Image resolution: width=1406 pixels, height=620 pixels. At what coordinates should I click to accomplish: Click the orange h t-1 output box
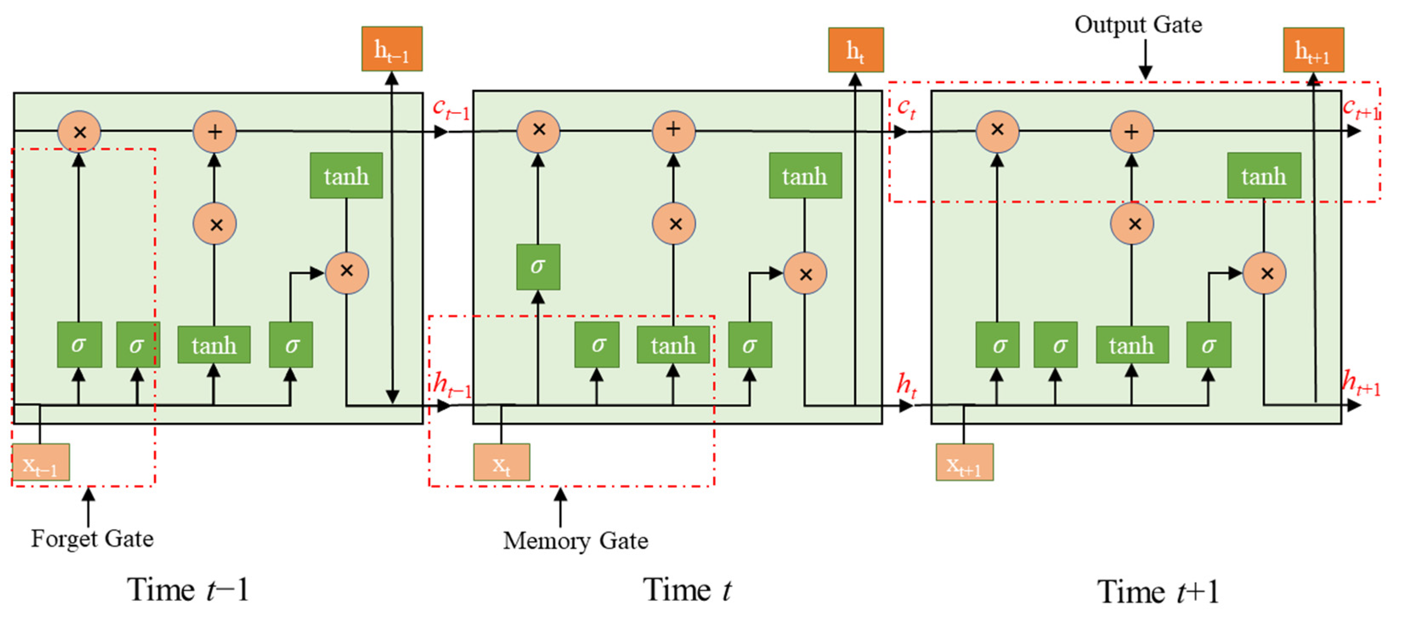(x=391, y=49)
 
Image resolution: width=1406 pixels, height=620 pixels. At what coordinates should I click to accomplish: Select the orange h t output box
(x=855, y=50)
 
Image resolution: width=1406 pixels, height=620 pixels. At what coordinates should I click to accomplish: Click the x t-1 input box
(x=40, y=462)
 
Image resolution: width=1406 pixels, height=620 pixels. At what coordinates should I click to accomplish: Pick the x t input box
(x=501, y=462)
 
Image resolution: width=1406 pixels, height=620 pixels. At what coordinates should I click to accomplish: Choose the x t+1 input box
(x=964, y=462)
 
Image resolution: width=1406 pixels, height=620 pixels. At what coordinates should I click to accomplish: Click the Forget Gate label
(x=92, y=538)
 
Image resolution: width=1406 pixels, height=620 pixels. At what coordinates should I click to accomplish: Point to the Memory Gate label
(x=575, y=541)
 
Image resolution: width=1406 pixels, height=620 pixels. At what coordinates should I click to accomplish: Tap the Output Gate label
(x=1138, y=25)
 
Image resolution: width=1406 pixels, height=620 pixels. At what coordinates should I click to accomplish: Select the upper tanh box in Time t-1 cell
(x=346, y=176)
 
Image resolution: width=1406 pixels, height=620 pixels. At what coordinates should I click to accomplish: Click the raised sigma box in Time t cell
(x=538, y=266)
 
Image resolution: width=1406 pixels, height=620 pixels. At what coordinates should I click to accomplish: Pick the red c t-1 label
(x=450, y=108)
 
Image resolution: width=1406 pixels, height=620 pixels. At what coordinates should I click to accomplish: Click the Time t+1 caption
(x=1158, y=592)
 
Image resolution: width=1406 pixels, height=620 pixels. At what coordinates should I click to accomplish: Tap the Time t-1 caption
(x=188, y=590)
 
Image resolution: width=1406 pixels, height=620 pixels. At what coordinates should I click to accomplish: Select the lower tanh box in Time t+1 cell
(x=1132, y=345)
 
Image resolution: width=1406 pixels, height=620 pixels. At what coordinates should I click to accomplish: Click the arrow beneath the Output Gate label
(x=1145, y=60)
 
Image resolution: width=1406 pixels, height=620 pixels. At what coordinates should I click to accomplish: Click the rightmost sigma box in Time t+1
(x=1208, y=345)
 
